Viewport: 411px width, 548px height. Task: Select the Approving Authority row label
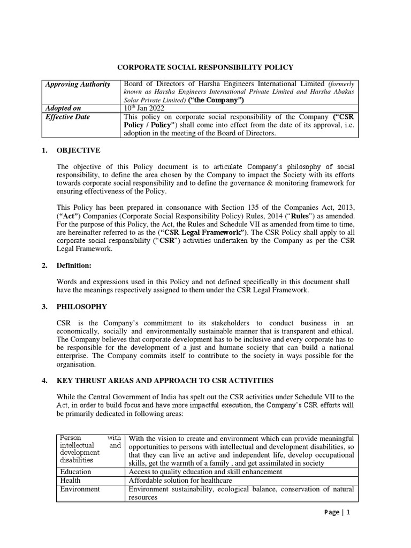click(78, 84)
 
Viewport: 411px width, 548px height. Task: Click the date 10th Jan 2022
click(143, 108)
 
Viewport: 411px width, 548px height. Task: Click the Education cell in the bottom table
click(75, 472)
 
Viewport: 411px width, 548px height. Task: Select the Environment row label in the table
click(80, 489)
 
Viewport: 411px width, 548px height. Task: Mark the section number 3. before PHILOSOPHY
click(44, 307)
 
